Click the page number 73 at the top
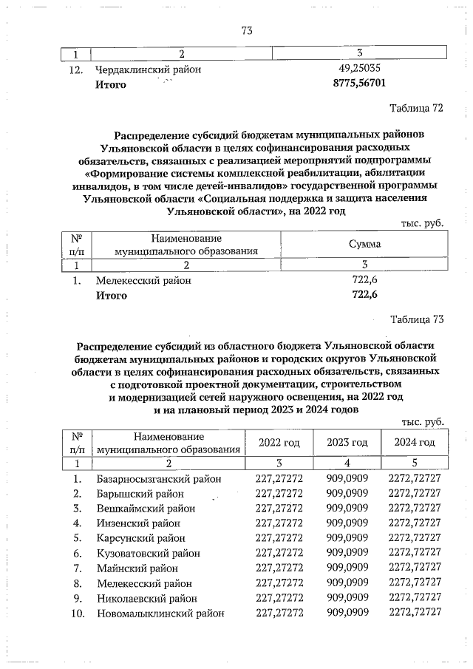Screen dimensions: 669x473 247,30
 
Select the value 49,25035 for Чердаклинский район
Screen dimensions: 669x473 358,69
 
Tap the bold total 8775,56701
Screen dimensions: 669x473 358,84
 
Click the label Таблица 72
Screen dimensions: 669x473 415,108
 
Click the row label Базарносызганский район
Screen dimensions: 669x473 159,479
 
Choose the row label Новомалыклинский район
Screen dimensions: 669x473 158,613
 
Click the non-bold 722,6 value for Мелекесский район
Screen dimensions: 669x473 358,281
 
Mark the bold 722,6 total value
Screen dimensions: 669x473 358,296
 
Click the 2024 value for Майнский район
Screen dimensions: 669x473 413,568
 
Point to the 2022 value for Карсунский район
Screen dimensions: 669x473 279,538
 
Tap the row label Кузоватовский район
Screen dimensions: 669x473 148,553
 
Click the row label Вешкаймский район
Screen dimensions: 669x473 146,509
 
